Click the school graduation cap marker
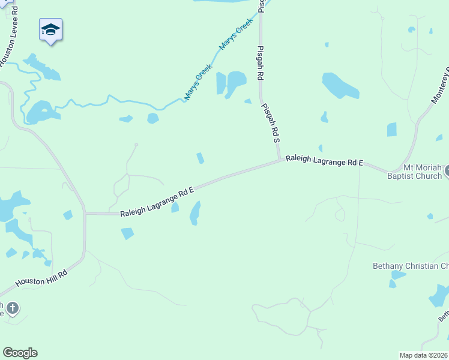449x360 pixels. point(51,30)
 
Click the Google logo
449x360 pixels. point(20,353)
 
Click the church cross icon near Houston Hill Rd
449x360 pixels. point(12,308)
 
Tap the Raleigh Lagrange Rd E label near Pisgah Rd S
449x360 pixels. point(324,160)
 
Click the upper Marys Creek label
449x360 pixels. point(236,34)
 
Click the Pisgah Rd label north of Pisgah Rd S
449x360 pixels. point(261,63)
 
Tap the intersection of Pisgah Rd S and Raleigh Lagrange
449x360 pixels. point(280,160)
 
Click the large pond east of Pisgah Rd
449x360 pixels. point(340,85)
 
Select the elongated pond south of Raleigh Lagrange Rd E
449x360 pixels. point(195,212)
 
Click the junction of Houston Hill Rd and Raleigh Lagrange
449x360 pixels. point(85,214)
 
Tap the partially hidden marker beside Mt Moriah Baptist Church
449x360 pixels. point(446,172)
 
